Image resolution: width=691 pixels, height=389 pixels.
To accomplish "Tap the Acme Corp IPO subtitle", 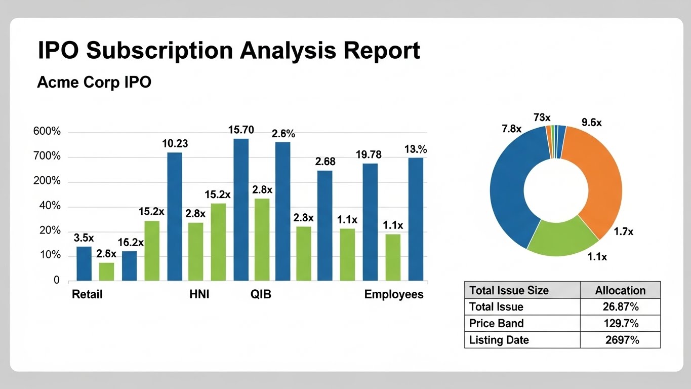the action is click(94, 83).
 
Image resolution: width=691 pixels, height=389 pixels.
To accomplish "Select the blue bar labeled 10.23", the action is click(175, 217).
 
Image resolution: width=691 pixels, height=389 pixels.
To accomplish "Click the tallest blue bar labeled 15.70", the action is click(241, 210).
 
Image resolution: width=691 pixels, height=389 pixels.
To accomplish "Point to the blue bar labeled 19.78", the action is click(370, 222).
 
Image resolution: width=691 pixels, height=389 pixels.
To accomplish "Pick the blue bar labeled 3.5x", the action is click(84, 264).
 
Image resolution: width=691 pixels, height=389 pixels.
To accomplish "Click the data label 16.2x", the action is click(131, 243).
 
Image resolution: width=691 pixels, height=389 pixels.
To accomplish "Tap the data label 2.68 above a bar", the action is click(325, 162).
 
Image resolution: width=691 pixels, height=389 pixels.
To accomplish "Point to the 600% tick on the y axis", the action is click(47, 131).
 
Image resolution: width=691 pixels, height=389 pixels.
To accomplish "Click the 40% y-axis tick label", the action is click(50, 206).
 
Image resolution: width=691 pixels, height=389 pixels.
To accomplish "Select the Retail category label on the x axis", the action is click(87, 294).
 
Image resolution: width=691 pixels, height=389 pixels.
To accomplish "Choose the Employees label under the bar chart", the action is click(394, 294).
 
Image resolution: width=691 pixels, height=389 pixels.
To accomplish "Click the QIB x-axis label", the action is click(261, 294).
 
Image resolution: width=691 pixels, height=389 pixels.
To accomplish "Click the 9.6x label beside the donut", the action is click(592, 123).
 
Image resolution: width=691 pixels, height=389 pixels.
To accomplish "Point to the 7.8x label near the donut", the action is click(511, 129).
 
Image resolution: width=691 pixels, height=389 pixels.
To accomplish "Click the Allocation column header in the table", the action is click(620, 291).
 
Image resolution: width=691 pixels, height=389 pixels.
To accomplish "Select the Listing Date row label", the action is click(499, 340).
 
